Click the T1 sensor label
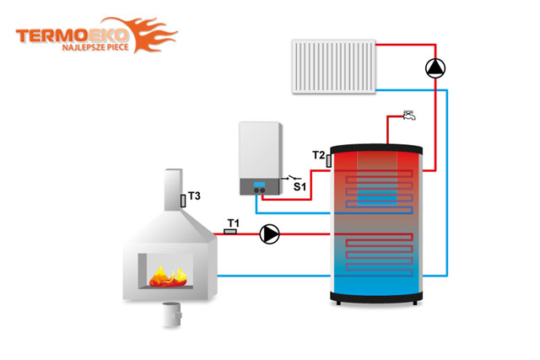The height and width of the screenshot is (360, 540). click(x=233, y=223)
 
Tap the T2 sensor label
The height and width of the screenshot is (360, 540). click(x=319, y=155)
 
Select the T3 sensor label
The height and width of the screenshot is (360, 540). click(x=194, y=196)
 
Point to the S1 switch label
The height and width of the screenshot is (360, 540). click(x=300, y=187)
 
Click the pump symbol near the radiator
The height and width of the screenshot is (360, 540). click(x=435, y=68)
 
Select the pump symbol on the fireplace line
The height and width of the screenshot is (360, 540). click(x=269, y=234)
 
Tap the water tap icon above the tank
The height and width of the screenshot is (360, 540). click(x=409, y=116)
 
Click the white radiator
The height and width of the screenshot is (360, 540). click(x=334, y=67)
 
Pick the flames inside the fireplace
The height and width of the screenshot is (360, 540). click(x=168, y=276)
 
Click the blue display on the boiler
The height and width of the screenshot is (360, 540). click(x=259, y=185)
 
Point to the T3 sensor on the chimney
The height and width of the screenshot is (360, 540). click(x=183, y=201)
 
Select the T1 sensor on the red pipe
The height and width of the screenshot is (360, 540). click(x=230, y=232)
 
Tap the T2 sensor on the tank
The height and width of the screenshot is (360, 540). click(x=329, y=161)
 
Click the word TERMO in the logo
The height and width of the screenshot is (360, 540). click(x=51, y=35)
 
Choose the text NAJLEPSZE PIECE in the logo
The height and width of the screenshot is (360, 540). click(x=95, y=47)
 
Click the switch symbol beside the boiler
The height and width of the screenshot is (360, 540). click(x=291, y=178)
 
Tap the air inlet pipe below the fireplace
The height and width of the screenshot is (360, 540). click(x=172, y=314)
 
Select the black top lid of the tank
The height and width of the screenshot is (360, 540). click(x=376, y=148)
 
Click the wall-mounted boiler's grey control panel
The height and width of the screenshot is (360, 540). click(x=260, y=186)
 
